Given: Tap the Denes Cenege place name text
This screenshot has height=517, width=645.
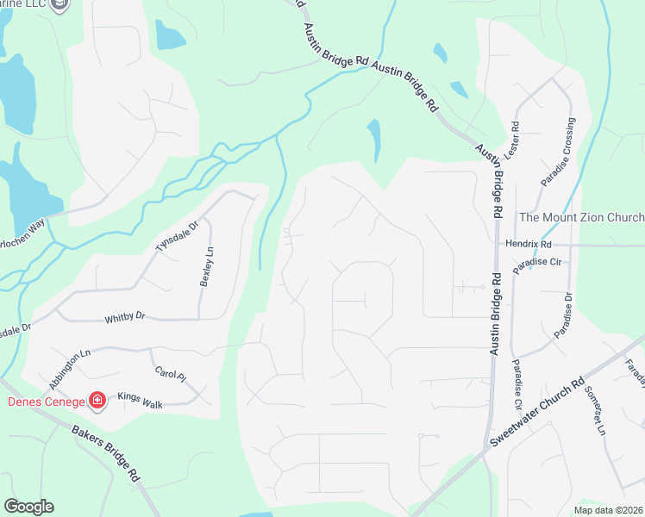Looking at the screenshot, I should coord(46,402).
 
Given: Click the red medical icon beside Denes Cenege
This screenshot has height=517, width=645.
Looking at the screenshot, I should coord(97,402).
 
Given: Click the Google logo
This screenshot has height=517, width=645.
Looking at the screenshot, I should coord(28,507).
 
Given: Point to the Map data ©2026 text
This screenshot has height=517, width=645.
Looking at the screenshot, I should coord(608,510).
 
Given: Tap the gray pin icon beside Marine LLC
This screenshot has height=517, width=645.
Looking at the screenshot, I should coord(59,5).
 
